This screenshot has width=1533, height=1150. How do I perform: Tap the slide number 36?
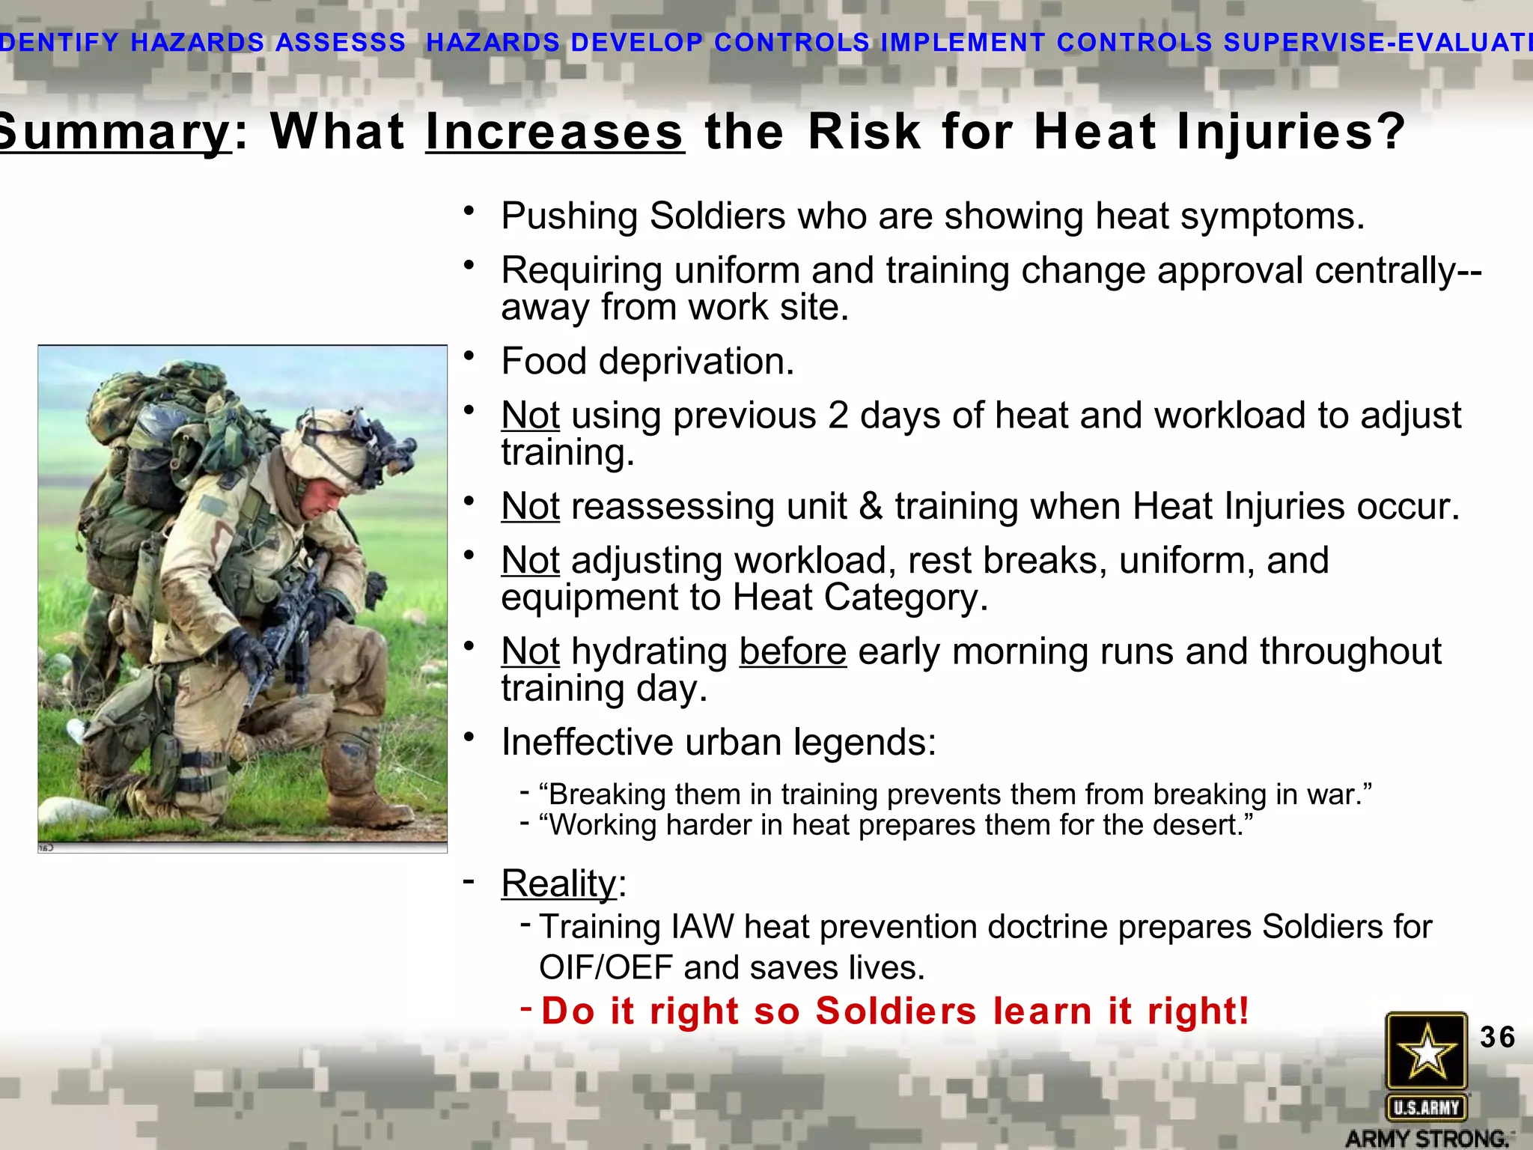pos(1497,1038)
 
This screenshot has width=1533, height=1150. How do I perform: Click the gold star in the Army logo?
pos(1426,1050)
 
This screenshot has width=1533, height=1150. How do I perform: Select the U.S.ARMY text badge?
pos(1426,1107)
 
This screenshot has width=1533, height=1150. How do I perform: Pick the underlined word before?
pos(793,651)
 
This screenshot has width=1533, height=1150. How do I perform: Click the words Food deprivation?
pos(647,362)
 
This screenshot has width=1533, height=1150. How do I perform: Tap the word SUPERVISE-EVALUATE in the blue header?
pos(1377,43)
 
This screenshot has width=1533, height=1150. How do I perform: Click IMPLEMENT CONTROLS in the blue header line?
pos(1045,43)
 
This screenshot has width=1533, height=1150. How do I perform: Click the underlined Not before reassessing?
pos(530,507)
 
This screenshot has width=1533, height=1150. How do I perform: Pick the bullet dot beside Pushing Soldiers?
pos(469,211)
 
